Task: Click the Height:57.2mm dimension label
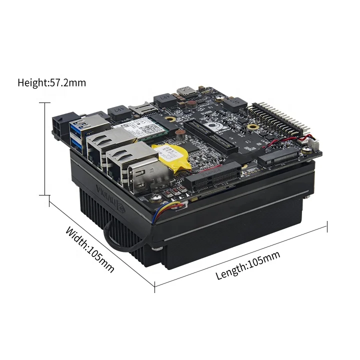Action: click(x=51, y=82)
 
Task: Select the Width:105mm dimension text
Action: click(x=90, y=249)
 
